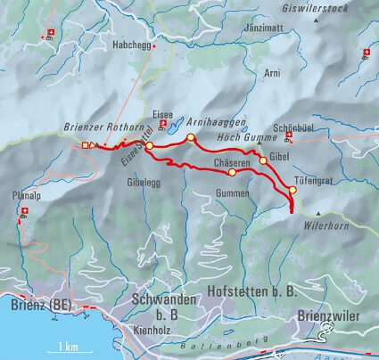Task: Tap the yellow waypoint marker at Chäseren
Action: coord(233,173)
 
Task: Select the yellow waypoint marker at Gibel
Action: coord(263,162)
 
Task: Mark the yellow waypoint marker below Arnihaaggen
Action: coord(191,137)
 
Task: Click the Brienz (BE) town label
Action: coord(41,305)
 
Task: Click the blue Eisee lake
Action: coord(177,119)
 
